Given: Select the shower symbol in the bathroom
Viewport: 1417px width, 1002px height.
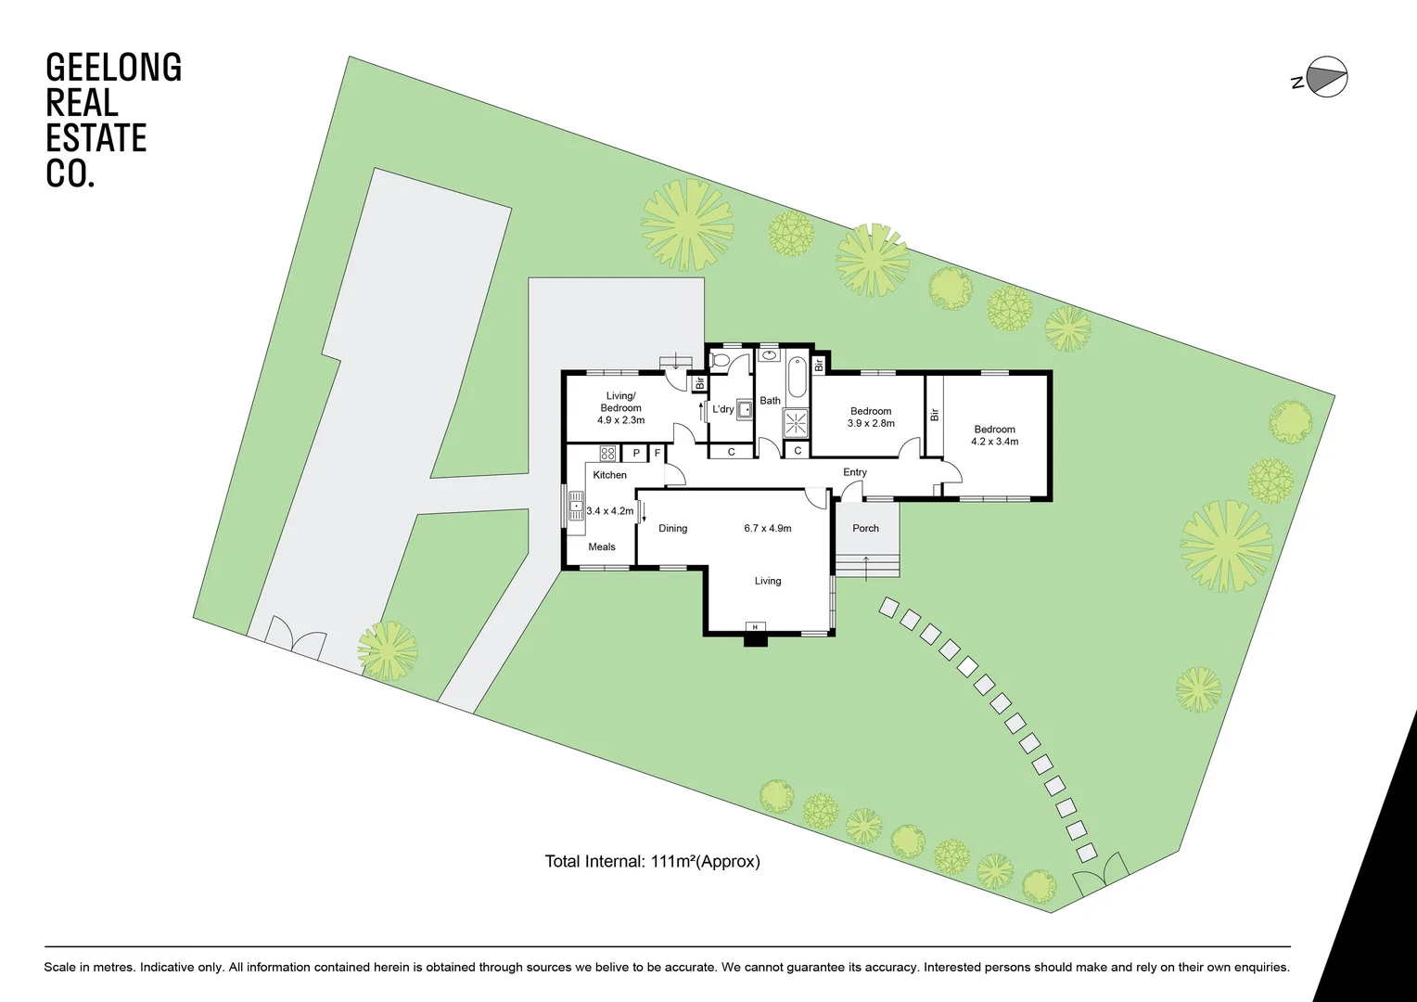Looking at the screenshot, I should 796,423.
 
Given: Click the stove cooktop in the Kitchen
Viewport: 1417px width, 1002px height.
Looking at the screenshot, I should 607,454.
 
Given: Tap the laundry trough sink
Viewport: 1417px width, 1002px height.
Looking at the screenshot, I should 744,408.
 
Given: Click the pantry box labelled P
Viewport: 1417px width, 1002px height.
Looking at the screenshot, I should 636,454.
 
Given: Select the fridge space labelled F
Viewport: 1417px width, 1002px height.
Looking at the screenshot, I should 657,454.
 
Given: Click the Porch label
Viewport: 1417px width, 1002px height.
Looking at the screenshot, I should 865,528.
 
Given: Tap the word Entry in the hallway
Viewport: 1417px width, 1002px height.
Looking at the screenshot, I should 855,472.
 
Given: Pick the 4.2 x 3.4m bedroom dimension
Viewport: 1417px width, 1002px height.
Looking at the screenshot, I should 994,442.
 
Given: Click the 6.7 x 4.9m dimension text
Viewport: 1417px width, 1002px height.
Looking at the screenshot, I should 768,528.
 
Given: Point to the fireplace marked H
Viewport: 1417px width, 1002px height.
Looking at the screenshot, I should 756,628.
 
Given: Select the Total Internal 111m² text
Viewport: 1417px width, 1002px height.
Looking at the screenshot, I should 652,861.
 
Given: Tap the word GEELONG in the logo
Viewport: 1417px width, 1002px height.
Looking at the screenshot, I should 113,68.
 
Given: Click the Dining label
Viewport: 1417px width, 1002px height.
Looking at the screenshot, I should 673,528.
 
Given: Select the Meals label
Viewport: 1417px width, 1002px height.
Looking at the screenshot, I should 602,546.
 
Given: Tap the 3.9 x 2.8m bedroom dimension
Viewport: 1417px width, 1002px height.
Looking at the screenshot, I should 871,423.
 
